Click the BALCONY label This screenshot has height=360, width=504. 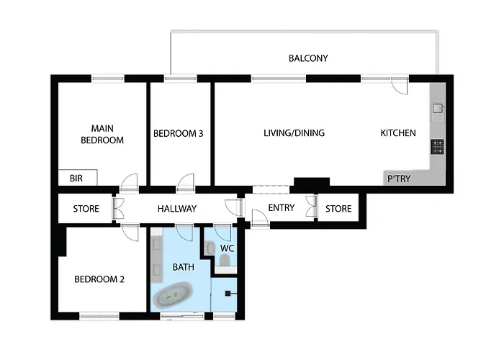pyautogui.click(x=308, y=58)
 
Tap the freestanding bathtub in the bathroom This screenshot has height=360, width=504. pyautogui.click(x=174, y=294)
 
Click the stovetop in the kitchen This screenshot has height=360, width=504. pyautogui.click(x=438, y=147)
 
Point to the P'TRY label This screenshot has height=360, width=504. pyautogui.click(x=399, y=179)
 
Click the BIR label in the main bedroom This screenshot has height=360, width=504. pyautogui.click(x=76, y=178)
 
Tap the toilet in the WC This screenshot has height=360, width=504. pyautogui.click(x=225, y=260)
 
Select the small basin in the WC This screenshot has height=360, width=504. pyautogui.click(x=210, y=248)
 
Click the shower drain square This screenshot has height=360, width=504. pyautogui.click(x=228, y=293)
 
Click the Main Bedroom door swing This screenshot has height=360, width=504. pyautogui.click(x=129, y=183)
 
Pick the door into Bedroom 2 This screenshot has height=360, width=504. pyautogui.click(x=130, y=232)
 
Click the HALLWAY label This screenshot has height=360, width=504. pyautogui.click(x=177, y=209)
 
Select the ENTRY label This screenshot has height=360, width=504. pyautogui.click(x=282, y=208)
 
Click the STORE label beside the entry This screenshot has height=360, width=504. pyautogui.click(x=338, y=209)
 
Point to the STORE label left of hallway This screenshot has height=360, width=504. pyautogui.click(x=86, y=209)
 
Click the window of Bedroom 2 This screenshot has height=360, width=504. pyautogui.click(x=99, y=316)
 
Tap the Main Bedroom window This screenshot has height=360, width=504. pyautogui.click(x=108, y=78)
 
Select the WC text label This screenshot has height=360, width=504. pyautogui.click(x=227, y=248)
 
